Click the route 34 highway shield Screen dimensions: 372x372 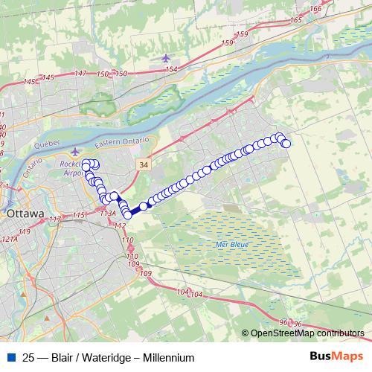tap(143, 161)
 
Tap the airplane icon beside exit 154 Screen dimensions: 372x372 tap(164, 58)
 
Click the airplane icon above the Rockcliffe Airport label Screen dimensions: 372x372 tap(74, 152)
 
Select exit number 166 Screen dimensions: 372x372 tap(316, 9)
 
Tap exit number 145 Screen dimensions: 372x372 tap(49, 78)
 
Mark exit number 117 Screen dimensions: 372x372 tap(54, 219)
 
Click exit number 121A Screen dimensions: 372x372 tap(10, 240)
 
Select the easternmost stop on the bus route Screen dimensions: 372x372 tap(286, 143)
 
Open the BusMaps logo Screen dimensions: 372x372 tap(336, 356)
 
